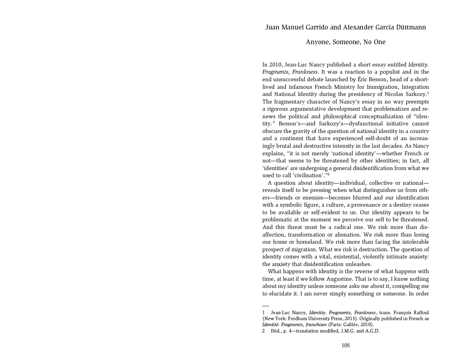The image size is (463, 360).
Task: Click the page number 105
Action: pyautogui.click(x=345, y=346)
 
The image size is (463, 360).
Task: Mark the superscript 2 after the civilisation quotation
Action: pyautogui.click(x=328, y=174)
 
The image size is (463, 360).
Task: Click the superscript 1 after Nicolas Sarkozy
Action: pyautogui.click(x=428, y=93)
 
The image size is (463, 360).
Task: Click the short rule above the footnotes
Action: pyautogui.click(x=265, y=305)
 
